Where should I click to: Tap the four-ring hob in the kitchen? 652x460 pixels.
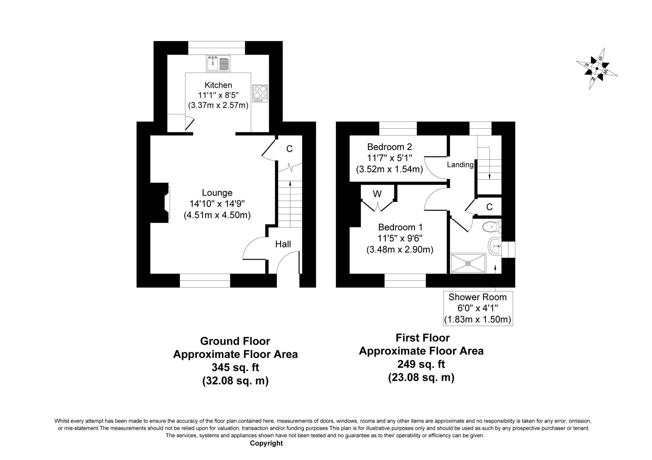(x=260, y=93)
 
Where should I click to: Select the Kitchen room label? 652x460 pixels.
(x=218, y=85)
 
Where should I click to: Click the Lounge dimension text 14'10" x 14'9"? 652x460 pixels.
(x=217, y=204)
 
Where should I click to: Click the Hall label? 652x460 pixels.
(x=283, y=244)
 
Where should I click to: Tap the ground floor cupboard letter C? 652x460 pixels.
(x=289, y=149)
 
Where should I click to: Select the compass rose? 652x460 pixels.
(x=597, y=68)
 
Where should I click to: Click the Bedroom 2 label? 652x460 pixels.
(x=389, y=147)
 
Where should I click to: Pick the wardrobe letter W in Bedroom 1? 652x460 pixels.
(x=377, y=194)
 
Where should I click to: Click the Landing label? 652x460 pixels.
(x=460, y=165)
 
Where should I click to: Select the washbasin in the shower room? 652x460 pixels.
(x=495, y=246)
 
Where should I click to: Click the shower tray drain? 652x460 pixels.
(x=468, y=263)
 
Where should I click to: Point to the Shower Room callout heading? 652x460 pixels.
(x=478, y=297)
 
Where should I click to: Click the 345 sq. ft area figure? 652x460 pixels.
(x=235, y=367)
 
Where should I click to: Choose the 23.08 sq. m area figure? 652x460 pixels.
(x=421, y=378)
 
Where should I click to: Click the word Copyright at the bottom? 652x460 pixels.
(x=266, y=443)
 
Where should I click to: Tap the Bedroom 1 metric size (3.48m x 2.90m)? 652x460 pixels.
(x=400, y=250)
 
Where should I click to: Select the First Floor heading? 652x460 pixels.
(x=422, y=338)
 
